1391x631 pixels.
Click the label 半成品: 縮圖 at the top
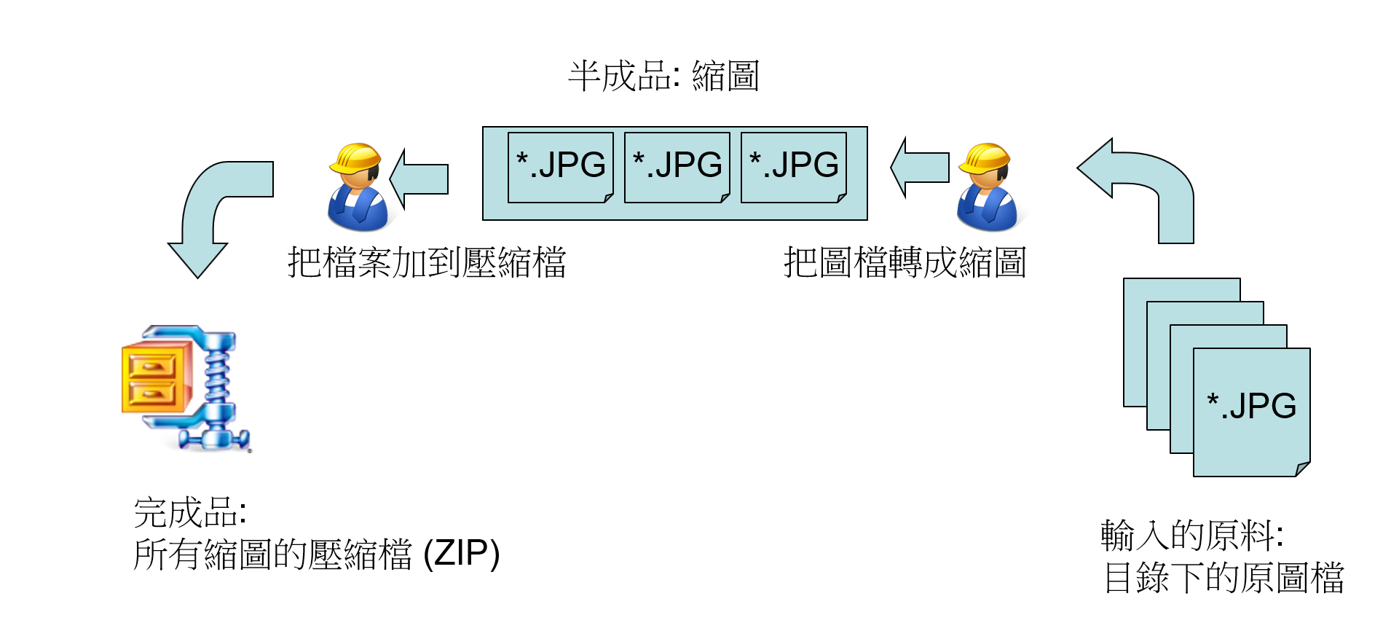(663, 77)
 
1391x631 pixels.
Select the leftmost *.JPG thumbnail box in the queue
(560, 167)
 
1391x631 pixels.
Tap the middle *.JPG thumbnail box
(677, 167)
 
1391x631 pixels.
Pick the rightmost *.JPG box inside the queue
(793, 167)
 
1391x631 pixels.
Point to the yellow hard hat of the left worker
(356, 157)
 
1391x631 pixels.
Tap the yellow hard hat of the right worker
(985, 157)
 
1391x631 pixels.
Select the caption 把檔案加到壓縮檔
(427, 263)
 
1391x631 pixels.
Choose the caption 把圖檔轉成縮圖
(905, 263)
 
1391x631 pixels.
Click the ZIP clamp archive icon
(186, 388)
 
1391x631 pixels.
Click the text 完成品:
(190, 512)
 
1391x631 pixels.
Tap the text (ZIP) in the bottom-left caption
(462, 554)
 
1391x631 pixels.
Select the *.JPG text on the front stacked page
(1251, 406)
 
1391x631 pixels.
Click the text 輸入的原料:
(1191, 536)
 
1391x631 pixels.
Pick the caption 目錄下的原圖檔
(1223, 578)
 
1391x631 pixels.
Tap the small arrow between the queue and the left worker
(420, 179)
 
